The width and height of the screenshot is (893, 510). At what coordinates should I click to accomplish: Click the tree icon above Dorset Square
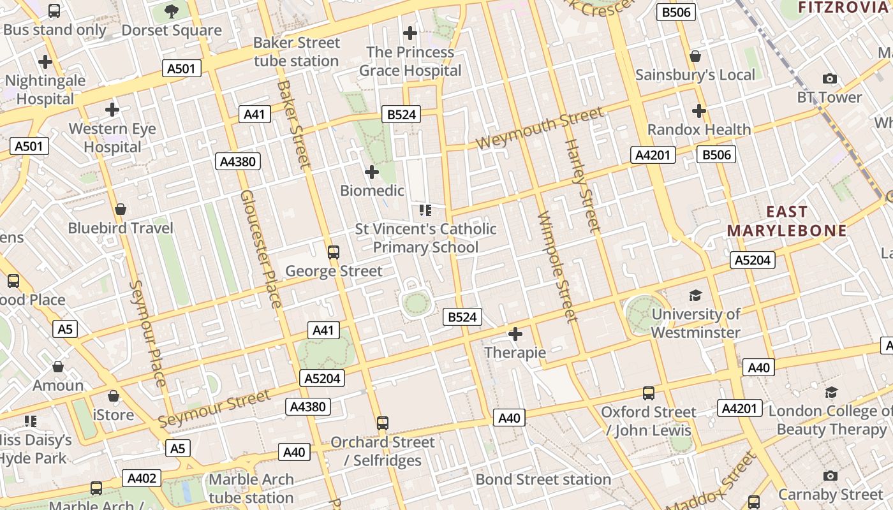click(x=171, y=11)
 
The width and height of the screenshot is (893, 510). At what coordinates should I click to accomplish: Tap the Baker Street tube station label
click(x=297, y=52)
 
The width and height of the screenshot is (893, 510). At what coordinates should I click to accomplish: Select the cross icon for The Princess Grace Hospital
click(x=410, y=33)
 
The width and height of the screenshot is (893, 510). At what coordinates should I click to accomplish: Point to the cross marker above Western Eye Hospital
click(x=112, y=110)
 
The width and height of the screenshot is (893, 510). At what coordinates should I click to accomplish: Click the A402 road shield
click(x=142, y=478)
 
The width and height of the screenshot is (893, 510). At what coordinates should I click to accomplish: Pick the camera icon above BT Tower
click(x=829, y=78)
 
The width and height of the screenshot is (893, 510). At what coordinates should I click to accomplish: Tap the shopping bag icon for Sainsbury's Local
click(x=695, y=56)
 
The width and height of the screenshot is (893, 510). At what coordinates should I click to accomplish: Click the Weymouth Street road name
click(x=540, y=128)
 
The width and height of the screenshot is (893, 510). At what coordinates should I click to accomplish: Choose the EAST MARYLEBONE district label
click(x=786, y=221)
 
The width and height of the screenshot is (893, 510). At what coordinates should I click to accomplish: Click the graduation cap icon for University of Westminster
click(x=695, y=295)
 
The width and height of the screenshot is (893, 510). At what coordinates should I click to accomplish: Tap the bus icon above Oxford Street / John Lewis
click(x=649, y=393)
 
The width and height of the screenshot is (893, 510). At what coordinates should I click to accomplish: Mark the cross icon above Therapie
click(x=515, y=334)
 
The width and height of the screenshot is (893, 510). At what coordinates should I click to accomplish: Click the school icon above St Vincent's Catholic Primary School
click(x=425, y=210)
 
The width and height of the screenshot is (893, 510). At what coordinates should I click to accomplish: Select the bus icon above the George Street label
click(x=333, y=252)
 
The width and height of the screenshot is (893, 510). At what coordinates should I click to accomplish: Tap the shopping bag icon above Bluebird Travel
click(x=121, y=209)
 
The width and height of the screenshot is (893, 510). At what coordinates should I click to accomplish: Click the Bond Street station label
click(x=543, y=479)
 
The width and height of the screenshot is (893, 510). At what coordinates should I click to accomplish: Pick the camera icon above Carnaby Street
click(x=830, y=476)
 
